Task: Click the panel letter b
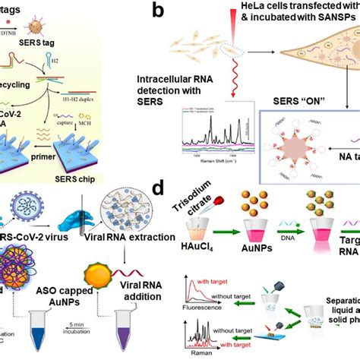point(178,11)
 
